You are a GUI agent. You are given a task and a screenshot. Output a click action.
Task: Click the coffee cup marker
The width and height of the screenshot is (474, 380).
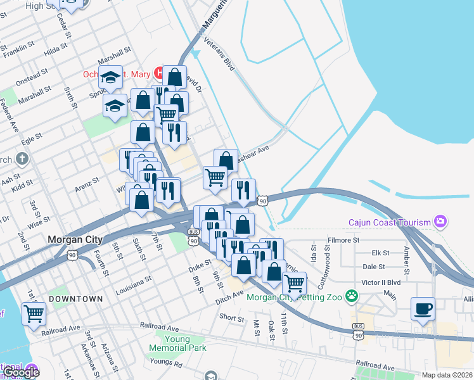[x=423, y=309]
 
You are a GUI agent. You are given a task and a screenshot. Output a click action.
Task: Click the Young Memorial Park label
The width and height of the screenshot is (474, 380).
[x=177, y=343]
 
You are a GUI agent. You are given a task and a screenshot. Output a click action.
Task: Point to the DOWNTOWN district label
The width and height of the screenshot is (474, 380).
[x=76, y=298]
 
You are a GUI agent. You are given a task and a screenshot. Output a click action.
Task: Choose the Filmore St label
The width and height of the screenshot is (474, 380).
[x=343, y=241]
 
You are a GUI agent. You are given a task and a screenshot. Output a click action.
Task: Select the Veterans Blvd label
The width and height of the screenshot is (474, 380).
[x=220, y=54]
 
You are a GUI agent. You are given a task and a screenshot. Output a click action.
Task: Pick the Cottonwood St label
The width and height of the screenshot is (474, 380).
[x=330, y=258]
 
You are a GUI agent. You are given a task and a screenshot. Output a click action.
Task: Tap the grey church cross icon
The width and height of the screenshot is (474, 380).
[x=22, y=158]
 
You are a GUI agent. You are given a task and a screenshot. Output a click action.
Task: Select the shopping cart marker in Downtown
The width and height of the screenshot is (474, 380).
[x=34, y=313]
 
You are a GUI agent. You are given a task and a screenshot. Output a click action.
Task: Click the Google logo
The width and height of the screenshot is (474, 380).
[x=21, y=372]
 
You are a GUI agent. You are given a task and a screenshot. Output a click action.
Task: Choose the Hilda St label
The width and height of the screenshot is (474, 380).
[x=56, y=49]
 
